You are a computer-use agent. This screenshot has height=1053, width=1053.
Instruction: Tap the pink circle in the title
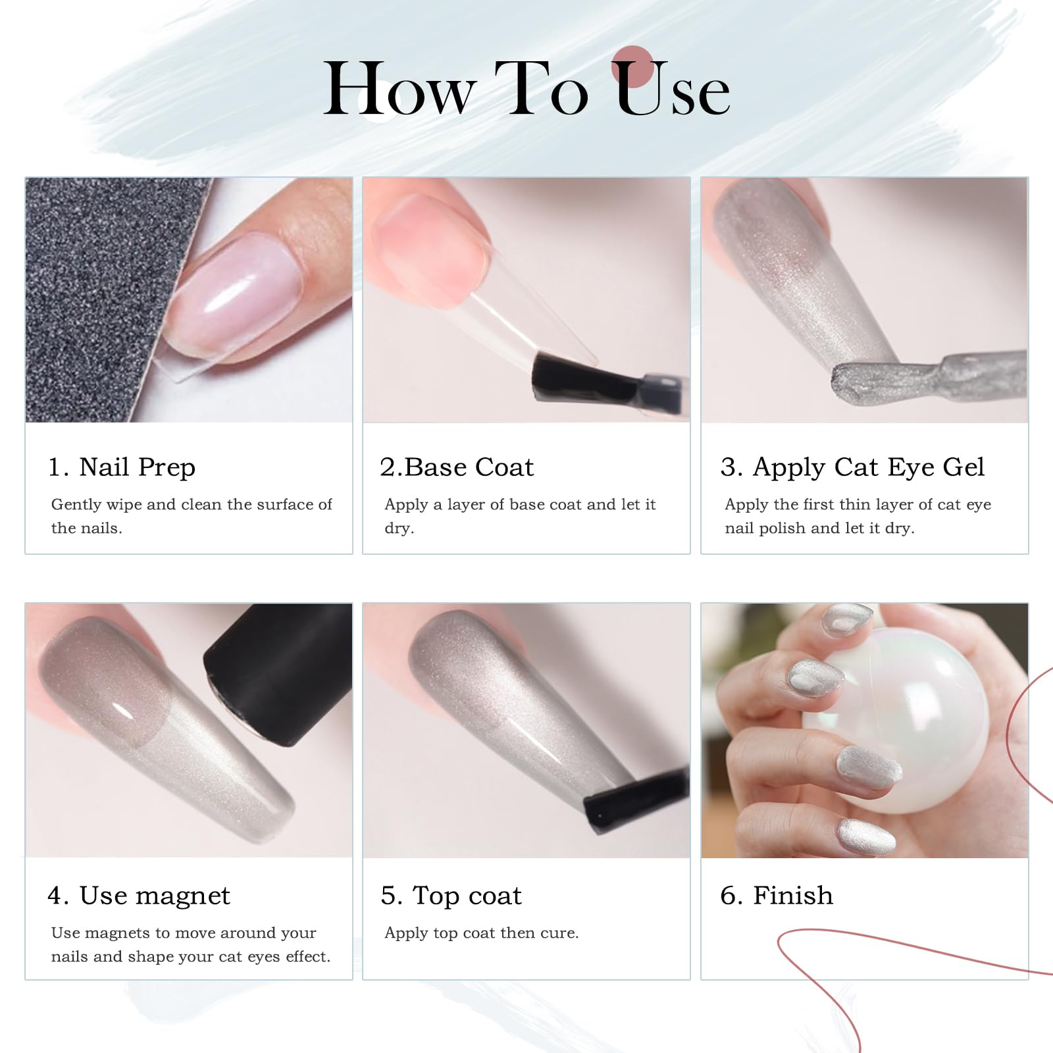[632, 66]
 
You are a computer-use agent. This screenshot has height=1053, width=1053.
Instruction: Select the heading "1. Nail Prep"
[122, 467]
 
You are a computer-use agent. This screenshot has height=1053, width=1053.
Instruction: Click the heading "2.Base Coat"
[457, 467]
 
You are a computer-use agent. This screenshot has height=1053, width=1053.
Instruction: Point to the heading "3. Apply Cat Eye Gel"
[852, 467]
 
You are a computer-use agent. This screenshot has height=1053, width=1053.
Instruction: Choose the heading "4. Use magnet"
[139, 896]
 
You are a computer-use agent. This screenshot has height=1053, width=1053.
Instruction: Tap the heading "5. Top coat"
[451, 896]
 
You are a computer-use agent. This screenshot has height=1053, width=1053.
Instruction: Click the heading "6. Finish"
[777, 896]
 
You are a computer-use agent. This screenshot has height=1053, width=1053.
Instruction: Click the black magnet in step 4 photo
[280, 671]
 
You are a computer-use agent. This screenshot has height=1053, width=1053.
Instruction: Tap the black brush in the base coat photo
[605, 382]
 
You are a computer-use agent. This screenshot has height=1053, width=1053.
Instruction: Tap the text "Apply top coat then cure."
[481, 933]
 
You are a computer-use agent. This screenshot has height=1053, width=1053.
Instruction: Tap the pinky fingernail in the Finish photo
[865, 837]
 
